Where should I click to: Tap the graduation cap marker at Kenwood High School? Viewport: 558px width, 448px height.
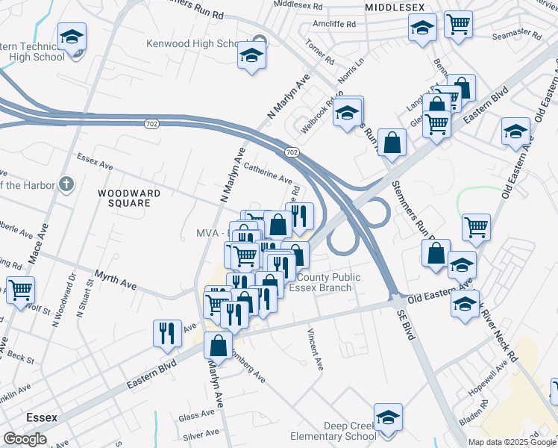point(251,55)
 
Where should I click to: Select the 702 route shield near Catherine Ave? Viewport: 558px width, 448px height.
point(292,152)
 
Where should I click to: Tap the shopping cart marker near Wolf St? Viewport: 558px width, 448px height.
point(21,290)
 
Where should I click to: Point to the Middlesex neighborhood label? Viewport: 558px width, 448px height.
point(395,7)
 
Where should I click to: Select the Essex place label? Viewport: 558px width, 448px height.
point(41,417)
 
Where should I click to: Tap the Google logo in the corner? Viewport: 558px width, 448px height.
point(25,439)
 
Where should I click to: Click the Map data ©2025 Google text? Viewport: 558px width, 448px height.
point(512,442)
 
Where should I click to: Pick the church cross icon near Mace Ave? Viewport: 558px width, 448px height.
point(66,184)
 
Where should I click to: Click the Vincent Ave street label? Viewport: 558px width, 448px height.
point(315,348)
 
